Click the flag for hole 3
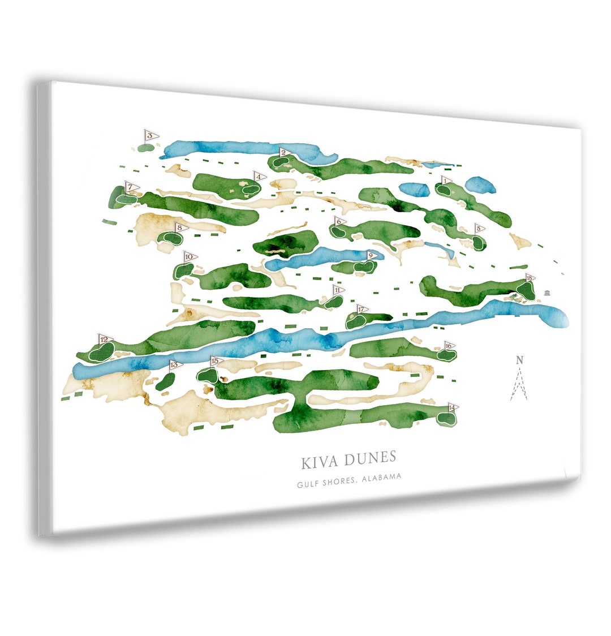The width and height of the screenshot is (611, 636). click(150, 136)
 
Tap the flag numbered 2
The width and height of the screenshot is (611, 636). click(285, 152)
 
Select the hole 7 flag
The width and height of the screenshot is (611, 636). click(131, 187)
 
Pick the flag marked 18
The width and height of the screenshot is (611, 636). click(530, 278)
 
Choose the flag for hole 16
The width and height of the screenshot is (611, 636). click(449, 345)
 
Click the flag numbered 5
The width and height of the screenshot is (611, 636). click(479, 229)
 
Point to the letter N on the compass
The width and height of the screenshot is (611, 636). click(519, 360)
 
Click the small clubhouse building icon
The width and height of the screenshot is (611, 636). click(547, 292)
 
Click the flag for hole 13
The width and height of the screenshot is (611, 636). click(174, 364)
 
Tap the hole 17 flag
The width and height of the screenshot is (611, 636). click(362, 310)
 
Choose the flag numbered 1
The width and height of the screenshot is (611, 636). click(446, 181)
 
